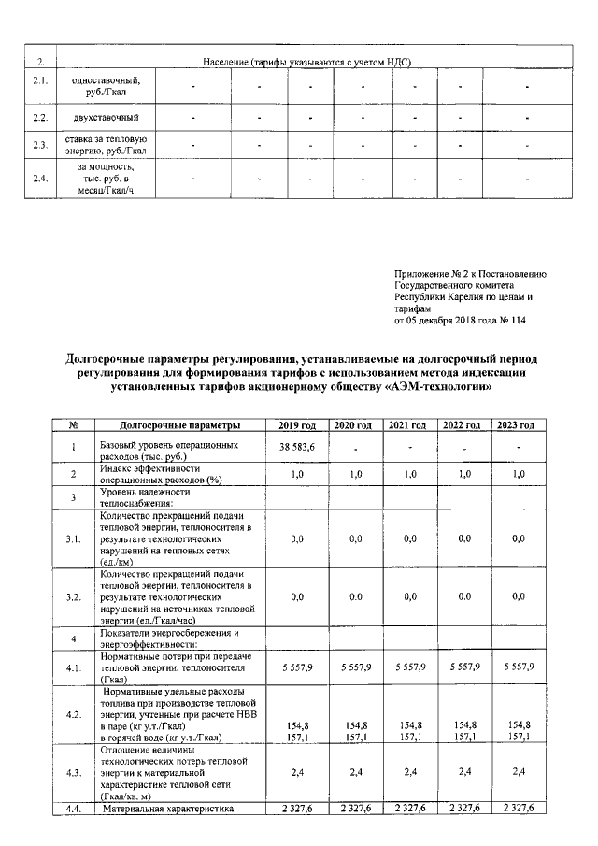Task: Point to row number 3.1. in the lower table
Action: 73,539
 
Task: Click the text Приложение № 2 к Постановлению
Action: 470,274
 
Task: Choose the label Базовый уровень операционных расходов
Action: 169,449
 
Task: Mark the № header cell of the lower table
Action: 73,425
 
